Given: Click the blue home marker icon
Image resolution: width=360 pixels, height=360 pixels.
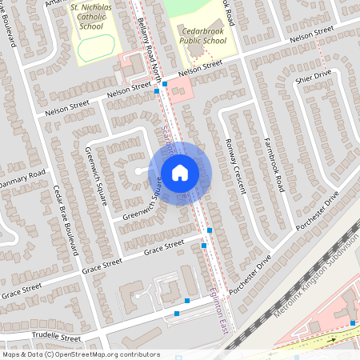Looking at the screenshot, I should [x=180, y=172].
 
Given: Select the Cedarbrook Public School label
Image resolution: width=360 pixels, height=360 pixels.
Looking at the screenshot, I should [x=202, y=34].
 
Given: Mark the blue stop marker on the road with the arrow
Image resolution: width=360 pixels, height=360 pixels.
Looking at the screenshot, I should [x=352, y=322].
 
